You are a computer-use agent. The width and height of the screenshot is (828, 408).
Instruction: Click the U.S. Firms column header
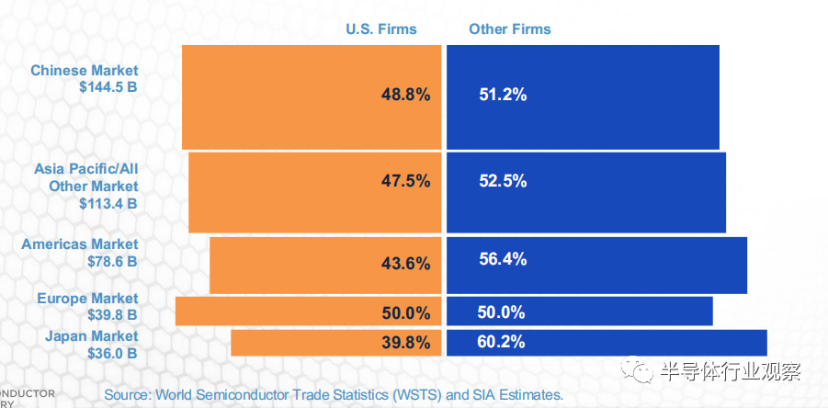[380, 28]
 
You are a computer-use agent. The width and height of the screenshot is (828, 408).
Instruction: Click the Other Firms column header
[509, 28]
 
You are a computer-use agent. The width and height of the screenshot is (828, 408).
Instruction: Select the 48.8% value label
[405, 94]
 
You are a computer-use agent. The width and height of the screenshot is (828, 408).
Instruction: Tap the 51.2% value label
[503, 94]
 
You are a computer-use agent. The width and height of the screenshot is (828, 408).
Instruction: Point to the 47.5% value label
[405, 180]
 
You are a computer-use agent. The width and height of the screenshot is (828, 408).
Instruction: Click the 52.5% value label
[503, 180]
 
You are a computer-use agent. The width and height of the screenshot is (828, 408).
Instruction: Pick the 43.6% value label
[405, 264]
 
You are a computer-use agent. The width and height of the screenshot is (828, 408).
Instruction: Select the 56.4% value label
[503, 259]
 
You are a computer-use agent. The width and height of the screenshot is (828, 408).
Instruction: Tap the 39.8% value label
[405, 342]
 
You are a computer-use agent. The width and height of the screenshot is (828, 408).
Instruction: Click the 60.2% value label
[502, 342]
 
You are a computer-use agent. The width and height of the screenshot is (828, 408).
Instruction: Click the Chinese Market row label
[84, 70]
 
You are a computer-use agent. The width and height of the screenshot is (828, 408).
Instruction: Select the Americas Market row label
[80, 244]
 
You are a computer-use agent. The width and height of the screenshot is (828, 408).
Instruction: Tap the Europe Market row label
[87, 298]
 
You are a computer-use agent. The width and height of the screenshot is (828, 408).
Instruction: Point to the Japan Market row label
[92, 335]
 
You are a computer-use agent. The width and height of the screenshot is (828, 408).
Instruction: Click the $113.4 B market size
[108, 203]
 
